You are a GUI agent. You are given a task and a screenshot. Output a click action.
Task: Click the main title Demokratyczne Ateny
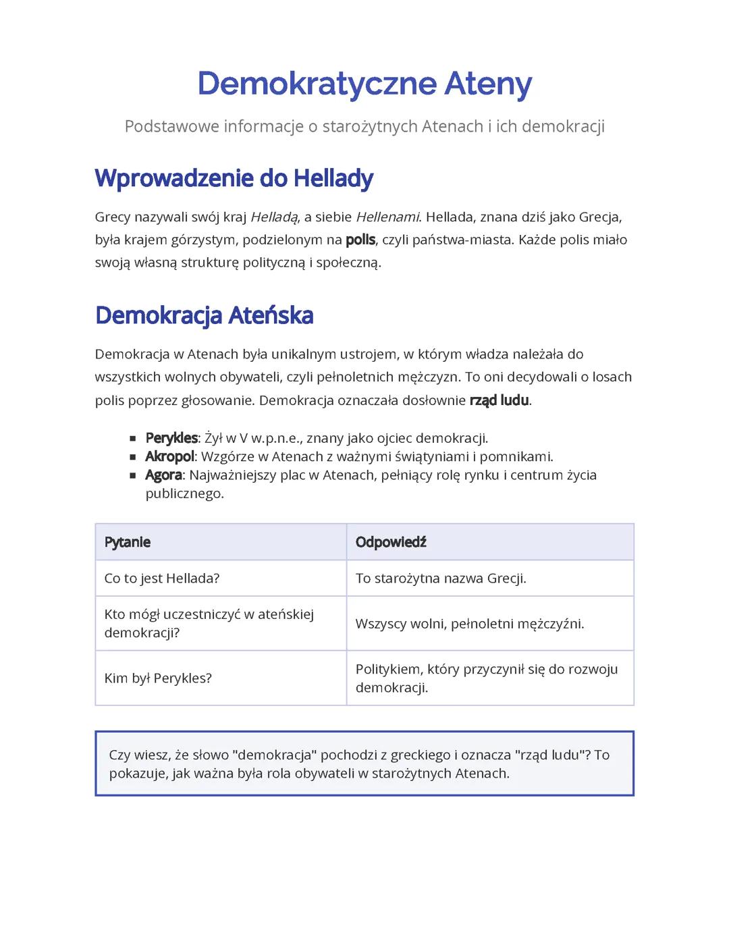(x=364, y=84)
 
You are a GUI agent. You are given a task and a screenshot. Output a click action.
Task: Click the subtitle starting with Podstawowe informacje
(x=364, y=126)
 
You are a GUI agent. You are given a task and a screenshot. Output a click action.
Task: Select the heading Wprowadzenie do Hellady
(x=234, y=178)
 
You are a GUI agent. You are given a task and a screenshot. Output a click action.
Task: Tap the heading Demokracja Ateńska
(x=204, y=315)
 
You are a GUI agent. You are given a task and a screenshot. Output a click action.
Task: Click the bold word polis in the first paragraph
(x=360, y=240)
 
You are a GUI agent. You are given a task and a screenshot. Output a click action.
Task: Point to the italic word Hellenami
(x=387, y=217)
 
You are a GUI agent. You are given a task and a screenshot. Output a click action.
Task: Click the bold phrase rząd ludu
(x=499, y=400)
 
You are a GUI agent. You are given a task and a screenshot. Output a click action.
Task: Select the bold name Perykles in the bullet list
(x=171, y=438)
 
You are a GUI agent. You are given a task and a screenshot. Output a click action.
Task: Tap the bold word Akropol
(x=169, y=456)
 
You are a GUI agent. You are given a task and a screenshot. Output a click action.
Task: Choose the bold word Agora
(x=163, y=475)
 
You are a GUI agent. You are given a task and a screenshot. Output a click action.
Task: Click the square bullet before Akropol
(x=133, y=457)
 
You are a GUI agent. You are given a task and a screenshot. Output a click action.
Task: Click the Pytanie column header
(x=128, y=542)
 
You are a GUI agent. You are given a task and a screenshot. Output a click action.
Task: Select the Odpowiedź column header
(x=391, y=542)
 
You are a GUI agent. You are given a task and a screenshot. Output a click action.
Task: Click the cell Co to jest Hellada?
(x=162, y=578)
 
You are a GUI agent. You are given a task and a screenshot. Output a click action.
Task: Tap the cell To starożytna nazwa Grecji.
(x=441, y=578)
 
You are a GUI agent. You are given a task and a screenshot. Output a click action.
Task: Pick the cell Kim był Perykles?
(x=158, y=678)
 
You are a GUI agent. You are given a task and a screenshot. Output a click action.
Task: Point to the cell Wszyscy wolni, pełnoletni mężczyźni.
(x=470, y=624)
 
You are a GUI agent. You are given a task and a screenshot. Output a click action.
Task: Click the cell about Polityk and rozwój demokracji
(x=487, y=678)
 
